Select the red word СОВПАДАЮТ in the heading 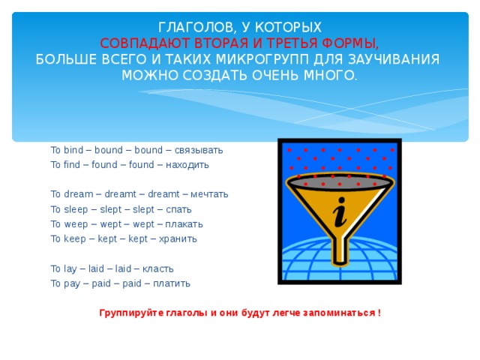pyautogui.click(x=143, y=43)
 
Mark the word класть pyautogui.click(x=166, y=268)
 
